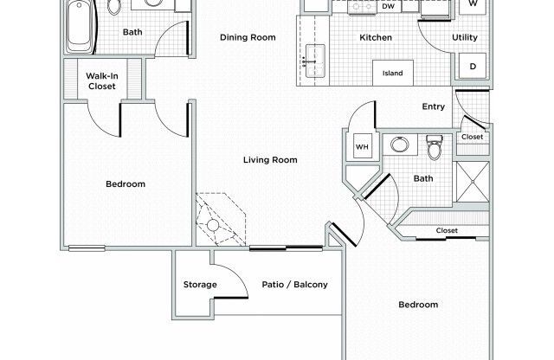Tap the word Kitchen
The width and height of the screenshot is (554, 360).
pos(376,37)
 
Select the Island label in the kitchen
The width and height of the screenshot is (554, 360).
pos(392,73)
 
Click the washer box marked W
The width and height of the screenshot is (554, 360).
pos(473,4)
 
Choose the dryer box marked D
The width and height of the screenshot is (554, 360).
pos(473,67)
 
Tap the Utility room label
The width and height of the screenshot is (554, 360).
pos(466,37)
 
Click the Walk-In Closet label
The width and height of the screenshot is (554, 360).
pos(101,81)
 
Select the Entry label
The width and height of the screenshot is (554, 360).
pos(433,107)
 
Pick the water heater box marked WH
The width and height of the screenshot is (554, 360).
pos(362,147)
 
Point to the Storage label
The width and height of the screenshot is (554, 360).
pos(199,285)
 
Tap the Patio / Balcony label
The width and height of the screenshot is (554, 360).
pos(294,285)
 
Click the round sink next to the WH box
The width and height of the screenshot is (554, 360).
pos(399,145)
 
